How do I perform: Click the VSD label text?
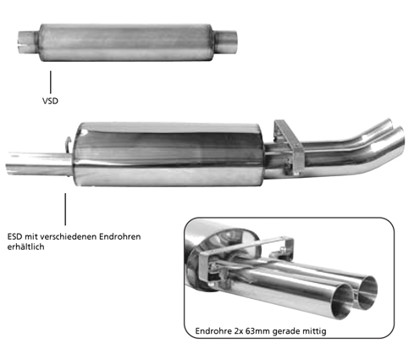[x=50, y=101]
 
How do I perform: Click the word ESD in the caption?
[x=14, y=236]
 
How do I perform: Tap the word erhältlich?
[x=25, y=246]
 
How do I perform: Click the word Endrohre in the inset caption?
[x=213, y=330]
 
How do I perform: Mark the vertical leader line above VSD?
[x=51, y=82]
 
